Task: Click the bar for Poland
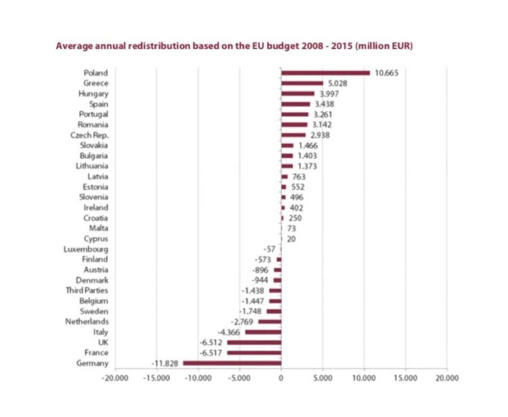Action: [325, 72]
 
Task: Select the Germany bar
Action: [232, 363]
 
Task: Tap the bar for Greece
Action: [302, 83]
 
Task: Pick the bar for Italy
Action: [263, 332]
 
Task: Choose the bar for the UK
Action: [254, 342]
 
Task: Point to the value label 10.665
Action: [387, 72]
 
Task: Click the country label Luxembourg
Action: [87, 249]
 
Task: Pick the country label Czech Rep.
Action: [89, 135]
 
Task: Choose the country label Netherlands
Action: [87, 322]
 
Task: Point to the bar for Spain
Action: [296, 104]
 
